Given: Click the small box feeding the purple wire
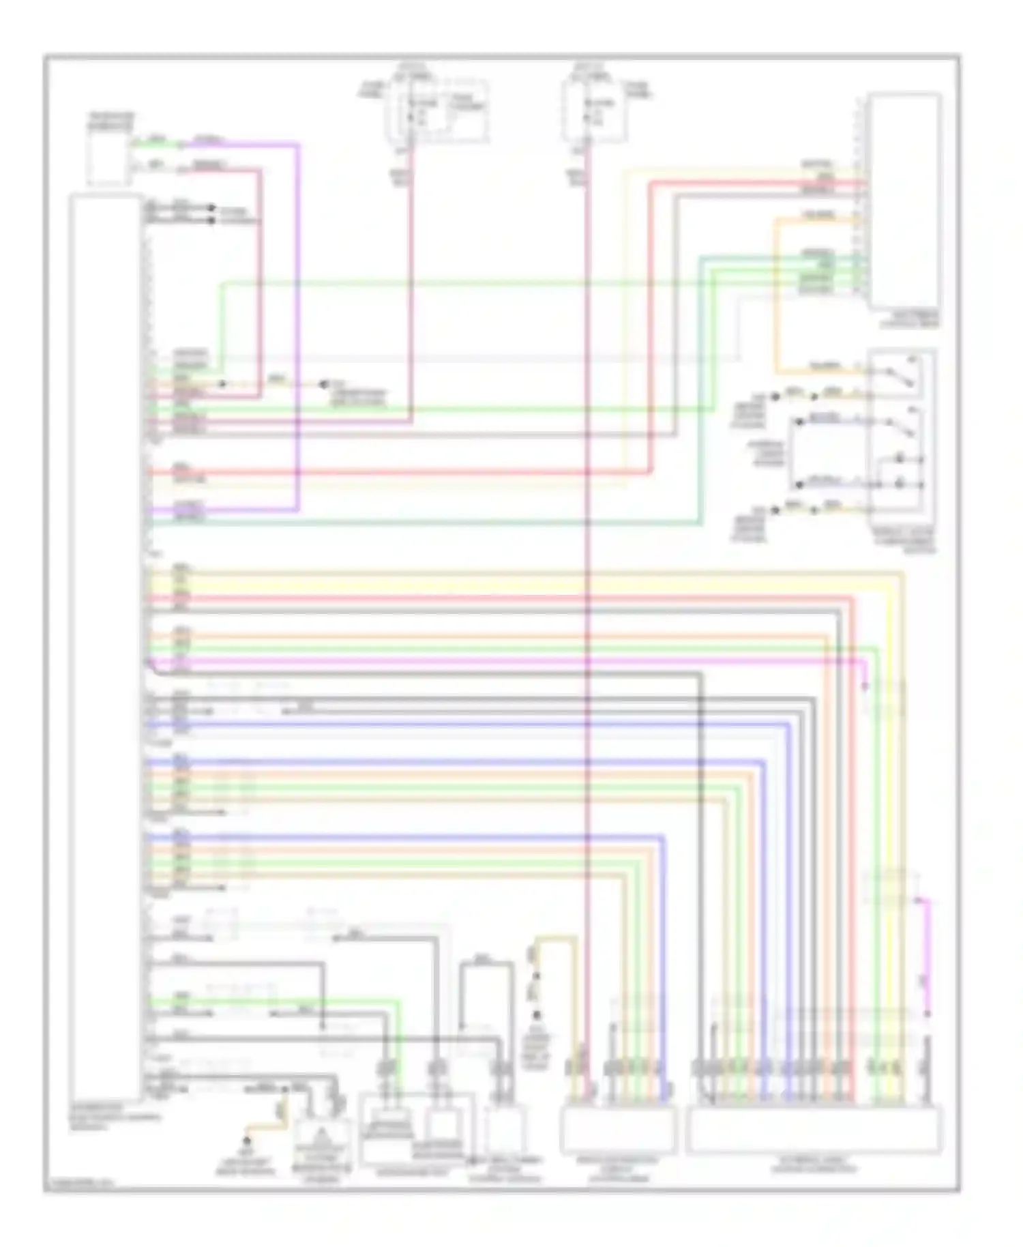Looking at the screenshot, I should [x=108, y=158].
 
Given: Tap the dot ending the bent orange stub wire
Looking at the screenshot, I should [x=248, y=1140].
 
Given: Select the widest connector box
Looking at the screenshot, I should [x=814, y=1130].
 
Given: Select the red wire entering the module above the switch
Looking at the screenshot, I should [x=750, y=184].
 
